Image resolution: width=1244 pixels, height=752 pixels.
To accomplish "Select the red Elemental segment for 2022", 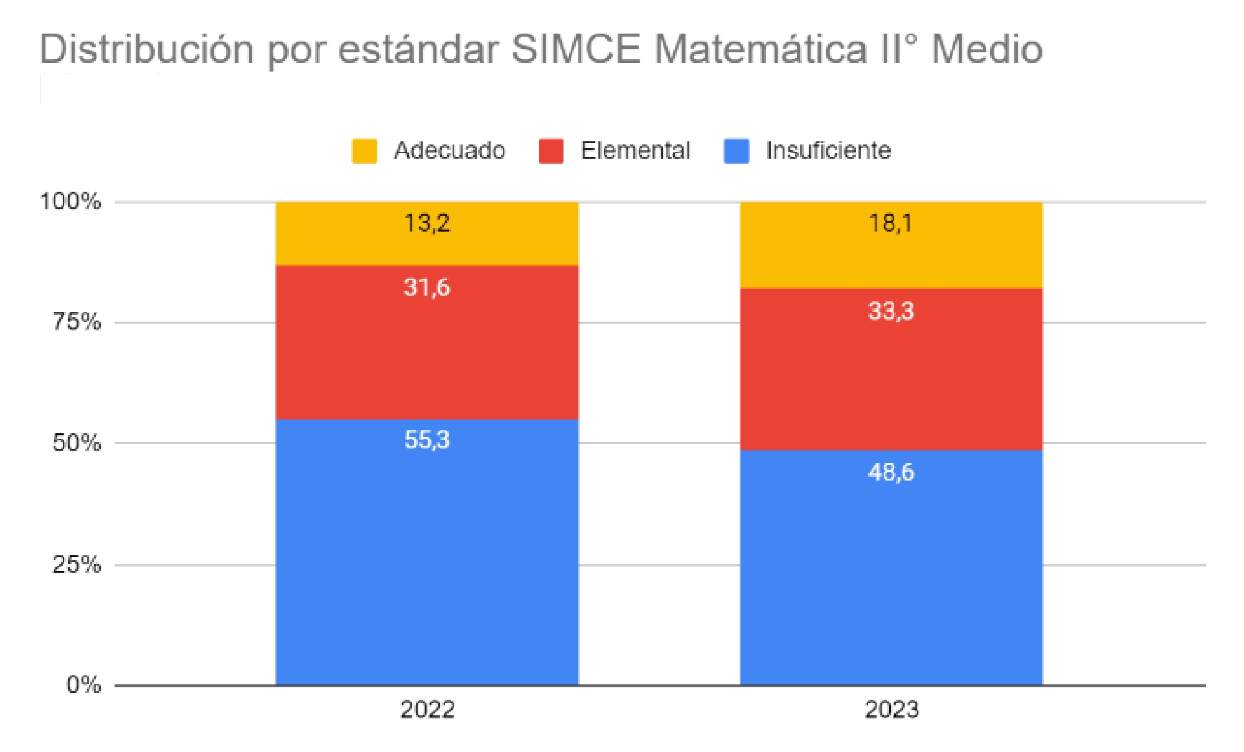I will [x=427, y=349].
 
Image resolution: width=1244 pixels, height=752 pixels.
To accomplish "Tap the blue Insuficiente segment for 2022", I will [x=427, y=560].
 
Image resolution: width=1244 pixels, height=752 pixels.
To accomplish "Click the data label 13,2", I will [x=427, y=223].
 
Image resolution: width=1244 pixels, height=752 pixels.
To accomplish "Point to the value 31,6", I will [x=426, y=287].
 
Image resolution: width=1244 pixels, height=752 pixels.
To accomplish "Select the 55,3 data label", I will [x=427, y=439].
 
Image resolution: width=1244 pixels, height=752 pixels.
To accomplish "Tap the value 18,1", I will [x=891, y=223].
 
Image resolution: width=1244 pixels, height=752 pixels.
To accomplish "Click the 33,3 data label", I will [x=891, y=311].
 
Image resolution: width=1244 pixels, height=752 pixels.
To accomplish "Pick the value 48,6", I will [x=891, y=472].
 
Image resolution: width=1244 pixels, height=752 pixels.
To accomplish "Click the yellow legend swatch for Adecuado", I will [x=364, y=151].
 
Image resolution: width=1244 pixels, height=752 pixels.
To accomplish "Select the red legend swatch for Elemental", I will [x=551, y=151].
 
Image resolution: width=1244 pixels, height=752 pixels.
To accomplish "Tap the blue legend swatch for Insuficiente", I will [x=737, y=151].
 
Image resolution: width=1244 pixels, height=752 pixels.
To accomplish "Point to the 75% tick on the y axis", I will [x=77, y=322].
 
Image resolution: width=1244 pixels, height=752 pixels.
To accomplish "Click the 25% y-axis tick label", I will [x=77, y=565].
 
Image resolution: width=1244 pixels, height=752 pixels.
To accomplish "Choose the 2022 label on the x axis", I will [x=427, y=710].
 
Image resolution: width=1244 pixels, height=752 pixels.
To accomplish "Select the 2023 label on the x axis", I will [x=892, y=710].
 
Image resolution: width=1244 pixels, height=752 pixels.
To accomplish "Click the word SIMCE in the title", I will [x=576, y=49].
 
